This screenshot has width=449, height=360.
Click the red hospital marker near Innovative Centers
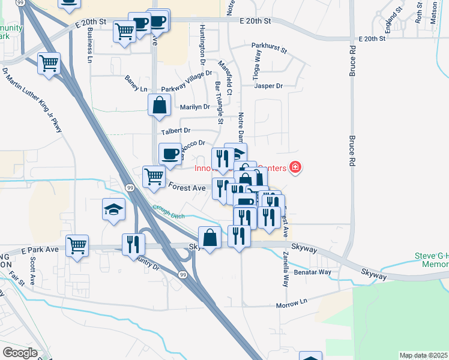[295, 167]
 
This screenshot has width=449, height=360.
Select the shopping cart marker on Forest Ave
[154, 177]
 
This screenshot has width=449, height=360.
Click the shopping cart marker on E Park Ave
[77, 245]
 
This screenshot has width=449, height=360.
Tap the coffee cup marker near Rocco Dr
[170, 154]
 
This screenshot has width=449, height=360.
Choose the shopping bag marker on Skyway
[210, 238]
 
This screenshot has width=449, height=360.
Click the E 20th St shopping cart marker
[124, 31]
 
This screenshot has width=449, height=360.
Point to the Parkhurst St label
[270, 46]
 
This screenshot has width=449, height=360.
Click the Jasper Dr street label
[268, 86]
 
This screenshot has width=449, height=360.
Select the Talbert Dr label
[175, 130]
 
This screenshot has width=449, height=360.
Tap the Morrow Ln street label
[292, 306]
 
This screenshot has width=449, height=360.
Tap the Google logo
[20, 353]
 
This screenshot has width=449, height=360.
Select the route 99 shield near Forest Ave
[130, 188]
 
